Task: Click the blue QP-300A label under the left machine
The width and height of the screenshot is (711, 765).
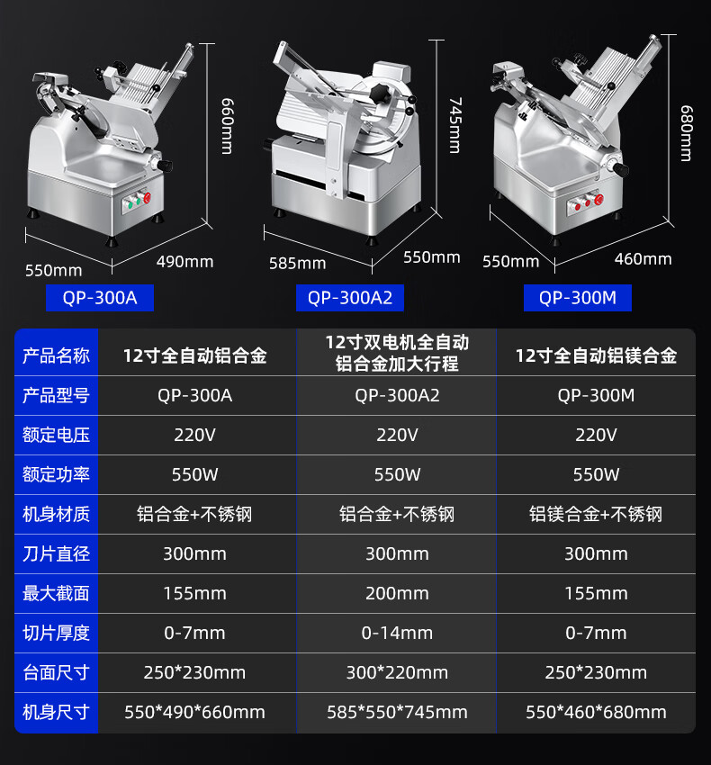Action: click(100, 298)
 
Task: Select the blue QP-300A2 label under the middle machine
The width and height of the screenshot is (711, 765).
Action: click(350, 298)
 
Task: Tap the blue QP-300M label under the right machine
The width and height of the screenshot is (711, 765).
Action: click(577, 298)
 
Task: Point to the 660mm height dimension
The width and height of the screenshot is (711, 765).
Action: click(227, 126)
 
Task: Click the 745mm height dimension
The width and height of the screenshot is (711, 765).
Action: click(454, 125)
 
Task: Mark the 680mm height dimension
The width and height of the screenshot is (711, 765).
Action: click(686, 133)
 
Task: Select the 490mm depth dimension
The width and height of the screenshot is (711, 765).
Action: click(184, 262)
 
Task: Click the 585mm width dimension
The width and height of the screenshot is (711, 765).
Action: click(298, 264)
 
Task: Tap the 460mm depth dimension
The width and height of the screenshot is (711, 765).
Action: click(643, 259)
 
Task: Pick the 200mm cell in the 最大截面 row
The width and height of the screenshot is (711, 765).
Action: click(397, 594)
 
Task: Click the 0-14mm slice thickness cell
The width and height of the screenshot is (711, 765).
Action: click(397, 634)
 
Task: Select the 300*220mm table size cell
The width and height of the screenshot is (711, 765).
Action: click(397, 673)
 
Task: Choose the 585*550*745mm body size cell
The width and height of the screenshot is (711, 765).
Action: click(397, 712)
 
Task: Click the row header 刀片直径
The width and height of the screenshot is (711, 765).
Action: click(56, 553)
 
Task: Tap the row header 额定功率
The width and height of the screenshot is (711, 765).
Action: click(56, 474)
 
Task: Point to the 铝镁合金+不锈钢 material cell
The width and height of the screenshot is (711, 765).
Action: click(596, 514)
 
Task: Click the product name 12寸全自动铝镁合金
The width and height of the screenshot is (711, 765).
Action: click(596, 355)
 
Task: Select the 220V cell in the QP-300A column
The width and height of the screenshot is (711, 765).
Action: click(194, 435)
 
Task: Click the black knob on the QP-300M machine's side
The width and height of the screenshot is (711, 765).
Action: click(620, 169)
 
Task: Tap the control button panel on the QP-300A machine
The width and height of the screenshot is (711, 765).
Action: click(137, 201)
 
